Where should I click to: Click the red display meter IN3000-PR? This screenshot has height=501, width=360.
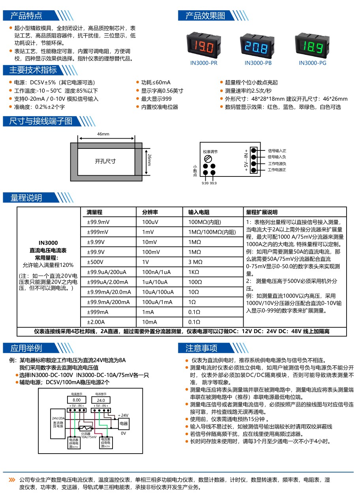click(x=204, y=46)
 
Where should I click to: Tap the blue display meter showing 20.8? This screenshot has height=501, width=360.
click(x=258, y=46)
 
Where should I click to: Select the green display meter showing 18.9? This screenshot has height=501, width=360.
click(x=313, y=46)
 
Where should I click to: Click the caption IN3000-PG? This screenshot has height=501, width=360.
click(x=313, y=63)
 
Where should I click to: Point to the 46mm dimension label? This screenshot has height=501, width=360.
click(x=103, y=134)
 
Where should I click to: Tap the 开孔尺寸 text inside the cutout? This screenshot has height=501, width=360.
click(x=105, y=161)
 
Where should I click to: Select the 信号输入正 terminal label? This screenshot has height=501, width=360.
click(x=277, y=150)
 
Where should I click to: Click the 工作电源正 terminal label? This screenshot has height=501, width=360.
click(x=277, y=170)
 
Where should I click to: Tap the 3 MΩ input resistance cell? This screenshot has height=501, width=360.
click(x=195, y=262)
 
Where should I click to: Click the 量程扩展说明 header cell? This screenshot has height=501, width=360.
click(x=262, y=212)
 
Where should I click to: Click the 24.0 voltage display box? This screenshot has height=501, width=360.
click(x=101, y=400)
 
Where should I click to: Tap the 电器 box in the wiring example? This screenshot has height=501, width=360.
click(x=123, y=423)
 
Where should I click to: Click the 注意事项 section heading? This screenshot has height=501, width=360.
click(x=202, y=348)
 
